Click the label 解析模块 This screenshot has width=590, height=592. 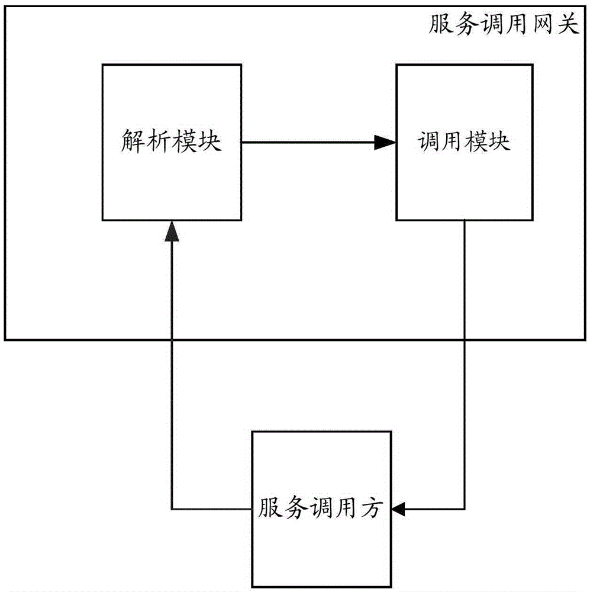pos(171,143)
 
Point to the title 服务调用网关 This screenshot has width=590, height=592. pos(502,25)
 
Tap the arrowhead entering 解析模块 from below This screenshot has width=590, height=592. pos(172,230)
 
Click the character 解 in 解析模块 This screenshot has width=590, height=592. pos(133,143)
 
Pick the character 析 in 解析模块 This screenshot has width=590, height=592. pos(159,143)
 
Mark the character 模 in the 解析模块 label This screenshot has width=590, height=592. pos(184,143)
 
